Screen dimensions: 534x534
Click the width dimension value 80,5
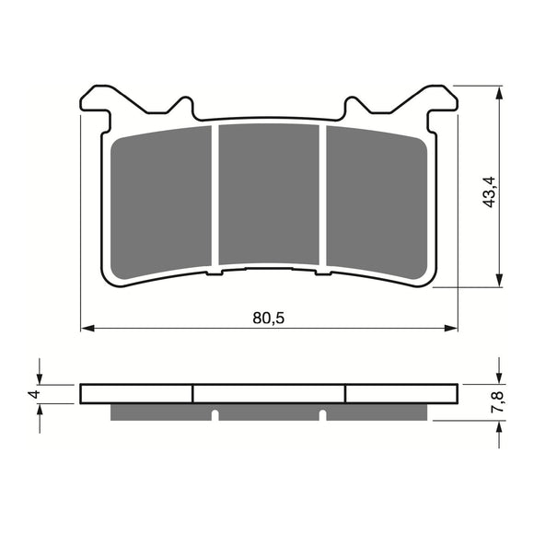pos(268,318)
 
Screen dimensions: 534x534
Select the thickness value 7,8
pos(496,401)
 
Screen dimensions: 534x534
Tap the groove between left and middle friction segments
pos(215,198)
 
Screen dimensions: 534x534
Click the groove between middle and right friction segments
pos(322,198)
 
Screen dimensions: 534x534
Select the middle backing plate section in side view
pos(268,393)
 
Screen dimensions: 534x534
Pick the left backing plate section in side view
pos(136,393)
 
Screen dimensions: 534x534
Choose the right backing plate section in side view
pos(400,393)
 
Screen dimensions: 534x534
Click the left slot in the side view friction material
pos(214,412)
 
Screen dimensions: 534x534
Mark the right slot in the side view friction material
pos(323,412)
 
